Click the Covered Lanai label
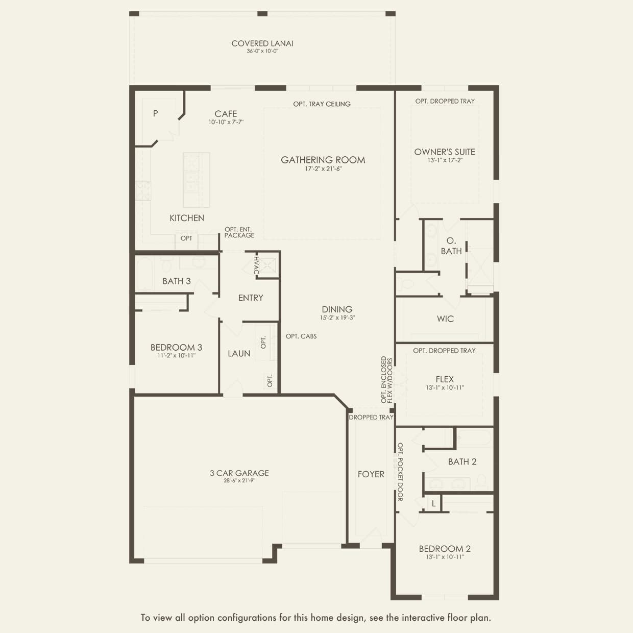(x=262, y=43)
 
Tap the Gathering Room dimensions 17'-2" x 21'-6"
(x=323, y=169)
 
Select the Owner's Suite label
(x=445, y=152)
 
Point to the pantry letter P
(x=155, y=113)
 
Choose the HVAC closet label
(x=257, y=265)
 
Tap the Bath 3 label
(x=177, y=281)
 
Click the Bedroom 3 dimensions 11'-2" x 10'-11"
(x=176, y=356)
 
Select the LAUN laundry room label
(x=239, y=353)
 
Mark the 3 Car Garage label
(x=239, y=473)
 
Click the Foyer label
(x=371, y=474)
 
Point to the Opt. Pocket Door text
(x=400, y=472)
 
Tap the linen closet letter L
(x=433, y=503)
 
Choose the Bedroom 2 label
(x=445, y=549)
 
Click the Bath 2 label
(x=462, y=461)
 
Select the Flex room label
(x=445, y=379)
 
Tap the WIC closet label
(x=445, y=319)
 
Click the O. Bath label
(x=451, y=246)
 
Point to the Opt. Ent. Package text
(x=239, y=232)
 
